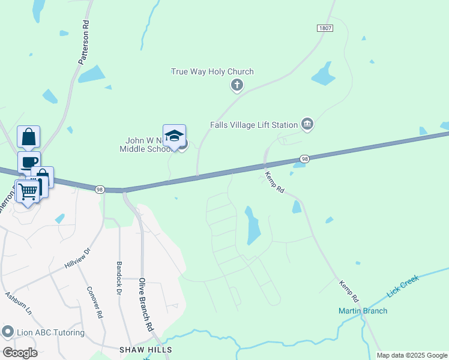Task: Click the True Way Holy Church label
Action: click(212, 71)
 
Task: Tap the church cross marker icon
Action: click(237, 86)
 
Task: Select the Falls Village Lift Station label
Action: click(254, 125)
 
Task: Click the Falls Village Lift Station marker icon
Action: click(307, 124)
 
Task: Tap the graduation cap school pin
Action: click(174, 136)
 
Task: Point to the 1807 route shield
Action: click(325, 28)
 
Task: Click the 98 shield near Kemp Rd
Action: click(305, 159)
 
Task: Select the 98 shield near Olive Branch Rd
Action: click(99, 189)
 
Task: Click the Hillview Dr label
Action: click(77, 258)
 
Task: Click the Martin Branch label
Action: click(363, 311)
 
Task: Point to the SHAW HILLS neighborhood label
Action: click(145, 349)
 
